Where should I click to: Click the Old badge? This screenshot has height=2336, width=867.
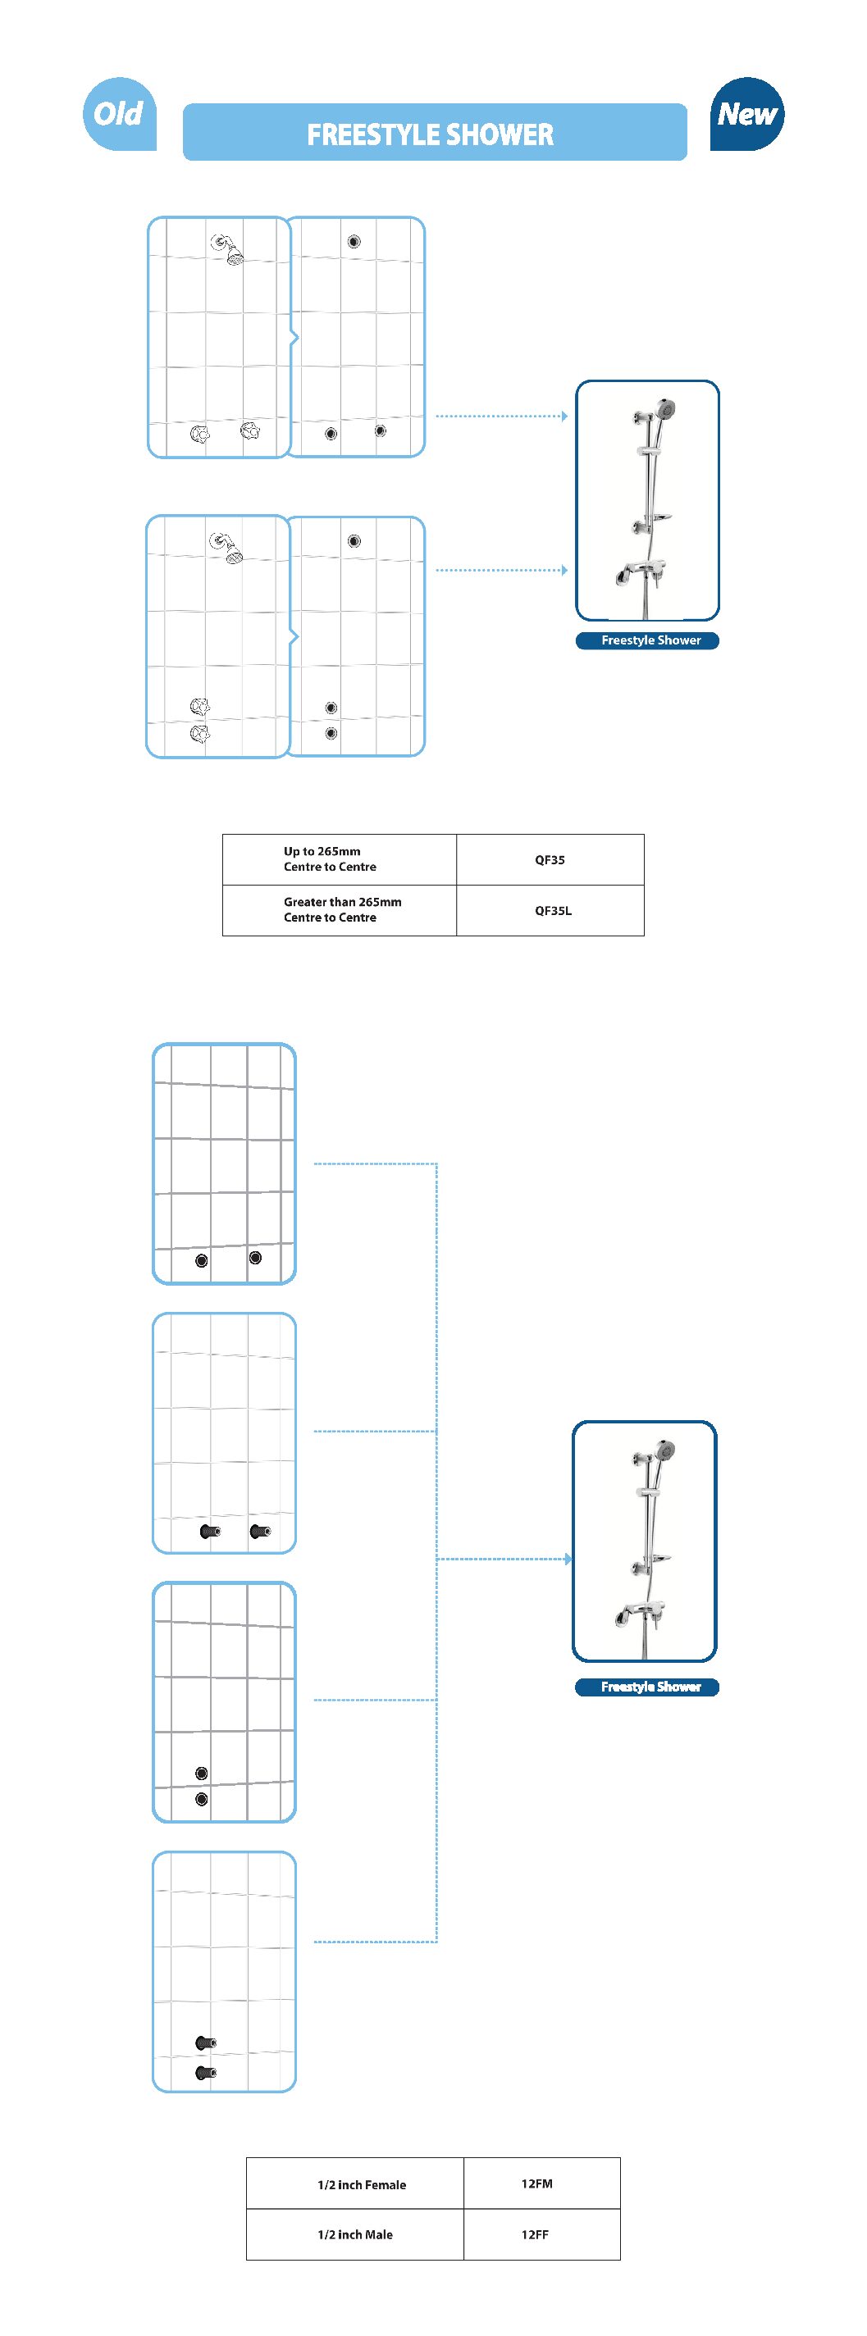119,114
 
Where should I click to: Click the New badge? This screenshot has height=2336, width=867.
746,114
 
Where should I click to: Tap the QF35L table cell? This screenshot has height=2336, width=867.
551,910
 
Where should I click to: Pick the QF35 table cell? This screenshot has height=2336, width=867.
550,859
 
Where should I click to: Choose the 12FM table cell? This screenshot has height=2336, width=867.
537,2183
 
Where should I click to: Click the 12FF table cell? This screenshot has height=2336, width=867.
535,2234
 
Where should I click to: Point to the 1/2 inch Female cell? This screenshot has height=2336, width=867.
361,2183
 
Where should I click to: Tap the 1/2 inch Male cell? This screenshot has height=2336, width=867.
354,2234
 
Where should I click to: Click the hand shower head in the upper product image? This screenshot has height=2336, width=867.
666,410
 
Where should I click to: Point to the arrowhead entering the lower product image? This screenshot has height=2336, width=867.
568,1559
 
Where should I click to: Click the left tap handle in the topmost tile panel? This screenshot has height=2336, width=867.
200,434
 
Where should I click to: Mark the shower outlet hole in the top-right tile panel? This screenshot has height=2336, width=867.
354,241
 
